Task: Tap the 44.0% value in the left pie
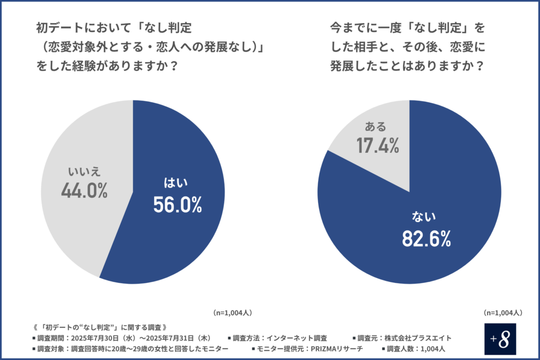tap(84, 190)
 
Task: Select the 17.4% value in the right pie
tap(377, 146)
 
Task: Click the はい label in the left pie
tap(177, 183)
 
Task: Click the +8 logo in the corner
tap(499, 339)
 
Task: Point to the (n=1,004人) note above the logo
tap(503, 313)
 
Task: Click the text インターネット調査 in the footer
tap(297, 338)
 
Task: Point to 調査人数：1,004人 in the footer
tap(416, 349)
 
